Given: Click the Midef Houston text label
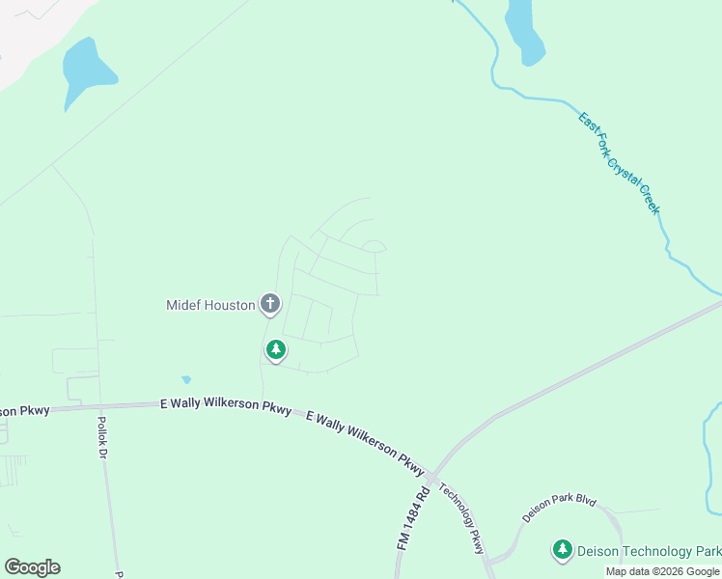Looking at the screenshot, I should tap(210, 305).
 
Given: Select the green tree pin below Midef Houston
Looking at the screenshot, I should tap(276, 349).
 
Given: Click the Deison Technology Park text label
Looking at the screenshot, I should tap(649, 551).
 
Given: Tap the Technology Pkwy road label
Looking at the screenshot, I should tap(461, 517).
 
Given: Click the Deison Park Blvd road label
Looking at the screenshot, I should tap(560, 508).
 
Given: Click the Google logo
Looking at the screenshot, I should tap(32, 567).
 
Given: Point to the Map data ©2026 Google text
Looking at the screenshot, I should tap(662, 571).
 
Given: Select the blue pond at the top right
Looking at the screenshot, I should tap(525, 29).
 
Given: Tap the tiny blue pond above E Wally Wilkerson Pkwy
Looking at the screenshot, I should tap(186, 380).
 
